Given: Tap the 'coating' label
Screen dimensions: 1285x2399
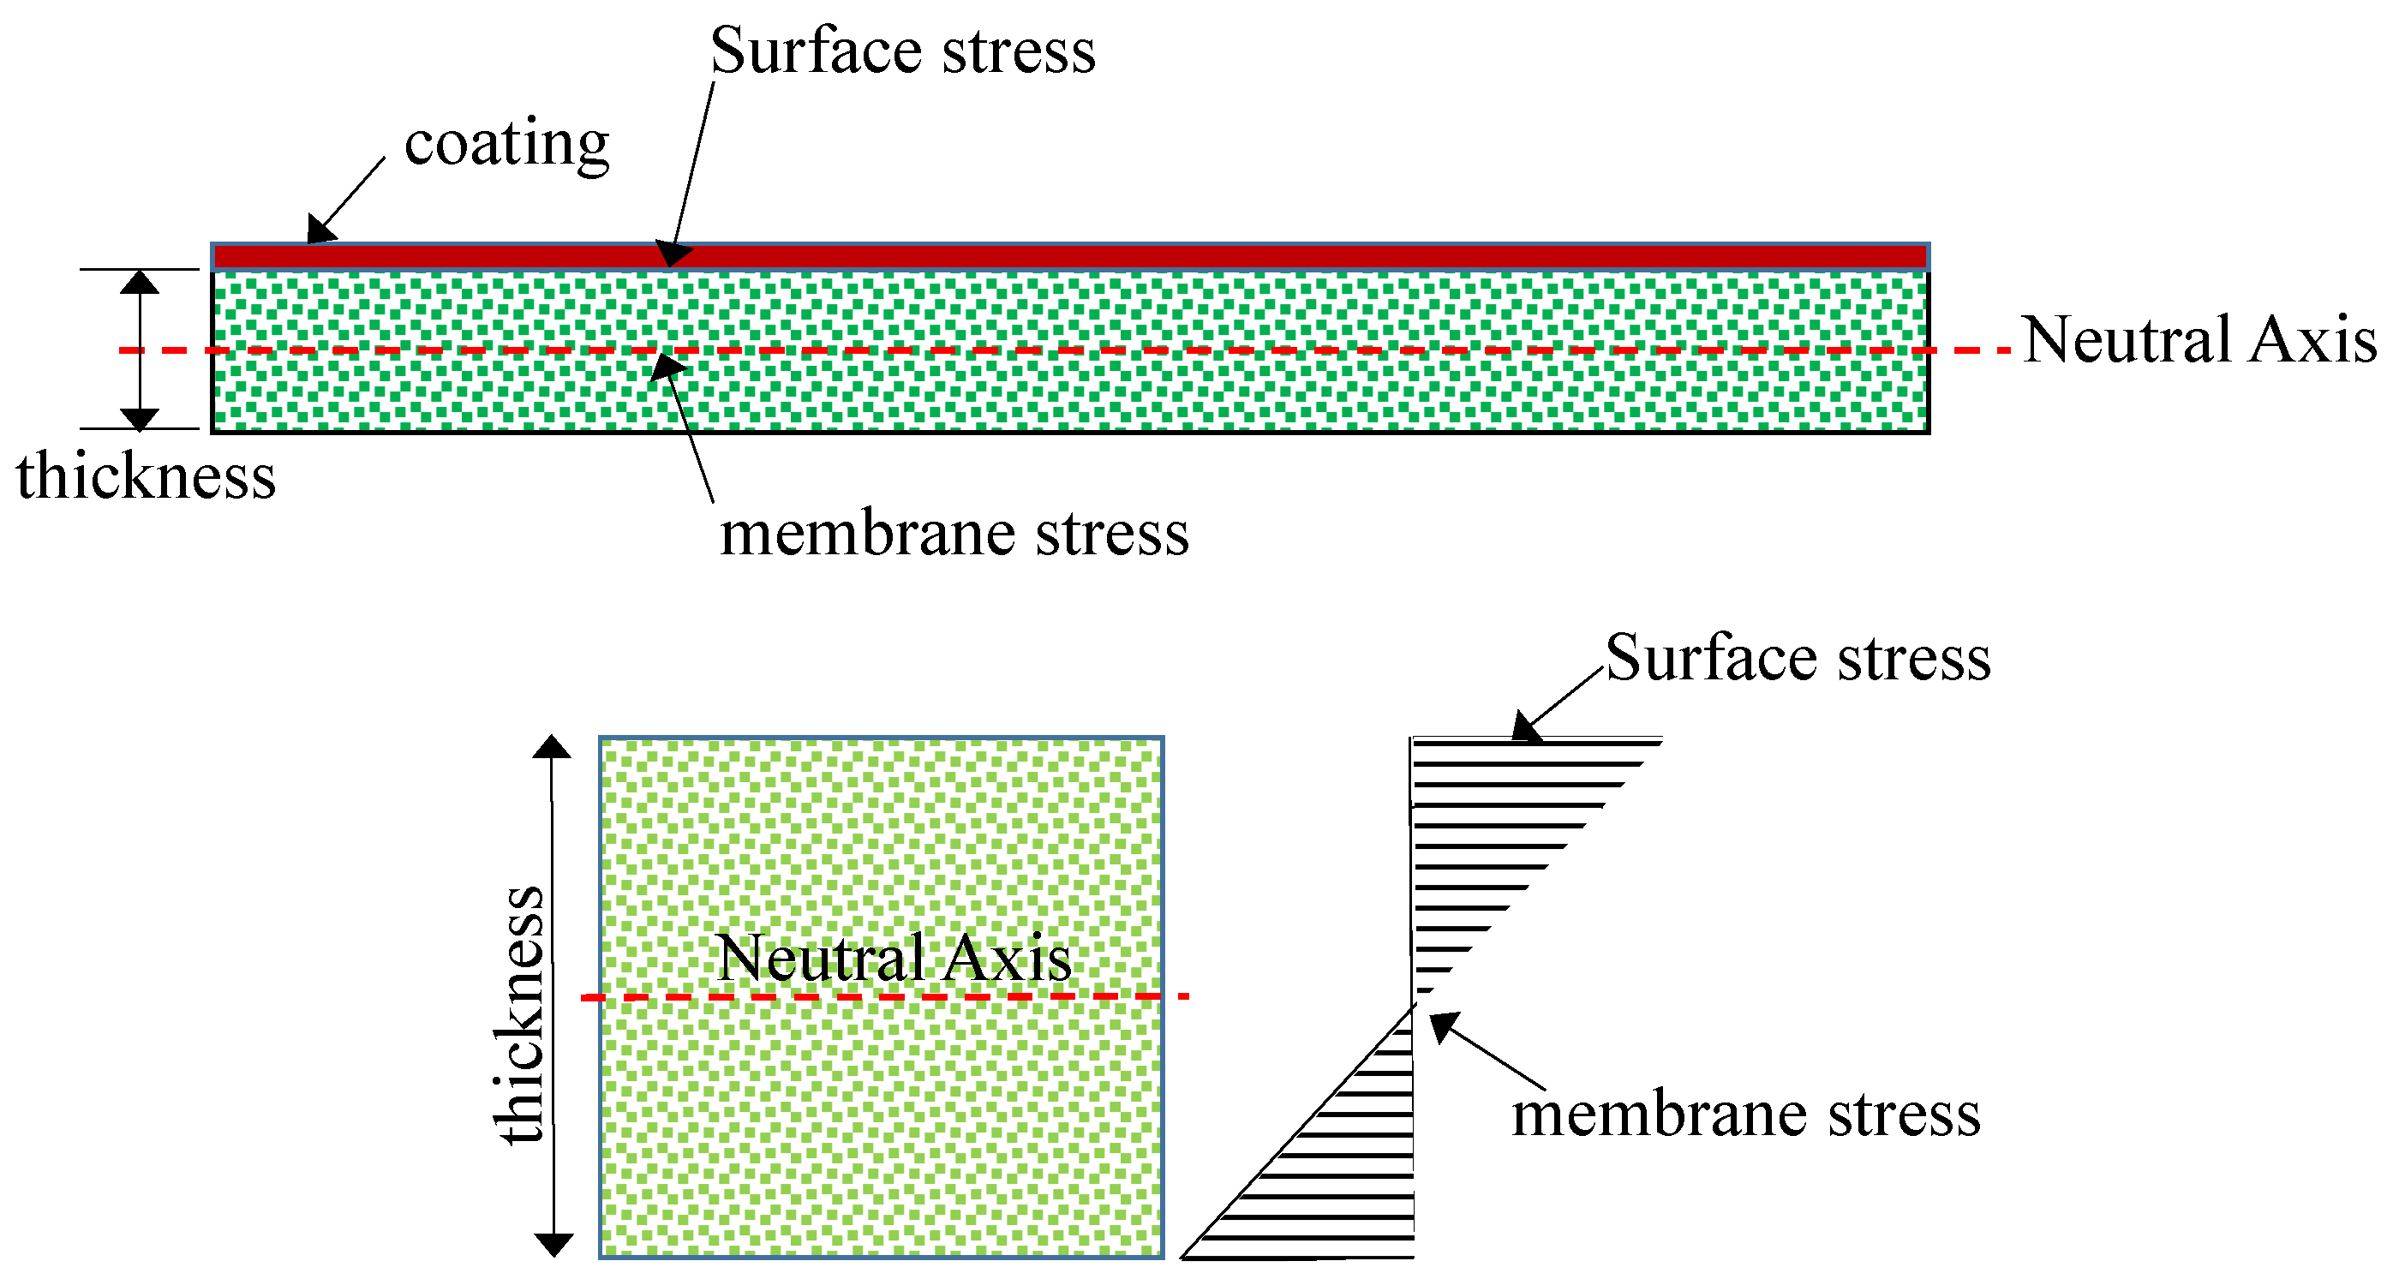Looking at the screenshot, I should coord(506,144).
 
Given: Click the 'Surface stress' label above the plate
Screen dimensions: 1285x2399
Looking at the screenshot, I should coord(902,51).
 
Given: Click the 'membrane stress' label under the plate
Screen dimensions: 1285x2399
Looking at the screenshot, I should coord(954,535).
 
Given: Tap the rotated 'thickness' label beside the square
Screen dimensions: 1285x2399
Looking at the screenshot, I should coord(520,1015).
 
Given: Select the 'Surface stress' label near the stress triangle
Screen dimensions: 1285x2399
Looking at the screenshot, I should coord(1798,658).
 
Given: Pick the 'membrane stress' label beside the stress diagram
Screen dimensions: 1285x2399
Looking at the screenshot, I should coord(1745,1115).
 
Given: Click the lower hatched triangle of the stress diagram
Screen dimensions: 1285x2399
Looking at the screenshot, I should coord(1341,1174).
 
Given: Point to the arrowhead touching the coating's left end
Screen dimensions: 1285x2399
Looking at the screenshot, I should coord(320,230).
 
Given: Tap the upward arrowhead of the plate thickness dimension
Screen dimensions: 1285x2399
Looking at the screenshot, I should coord(140,281).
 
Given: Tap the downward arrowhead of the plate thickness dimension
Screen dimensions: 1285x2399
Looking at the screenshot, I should coord(140,419).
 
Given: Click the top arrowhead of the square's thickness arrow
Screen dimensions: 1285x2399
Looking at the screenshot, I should coord(553,747).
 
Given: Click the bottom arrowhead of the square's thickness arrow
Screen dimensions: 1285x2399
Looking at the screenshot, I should coord(553,1245).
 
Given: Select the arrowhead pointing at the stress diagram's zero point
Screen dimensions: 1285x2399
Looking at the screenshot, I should coord(1443,1026).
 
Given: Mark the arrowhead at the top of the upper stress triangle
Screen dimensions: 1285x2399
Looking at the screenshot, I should coord(1525,727).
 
